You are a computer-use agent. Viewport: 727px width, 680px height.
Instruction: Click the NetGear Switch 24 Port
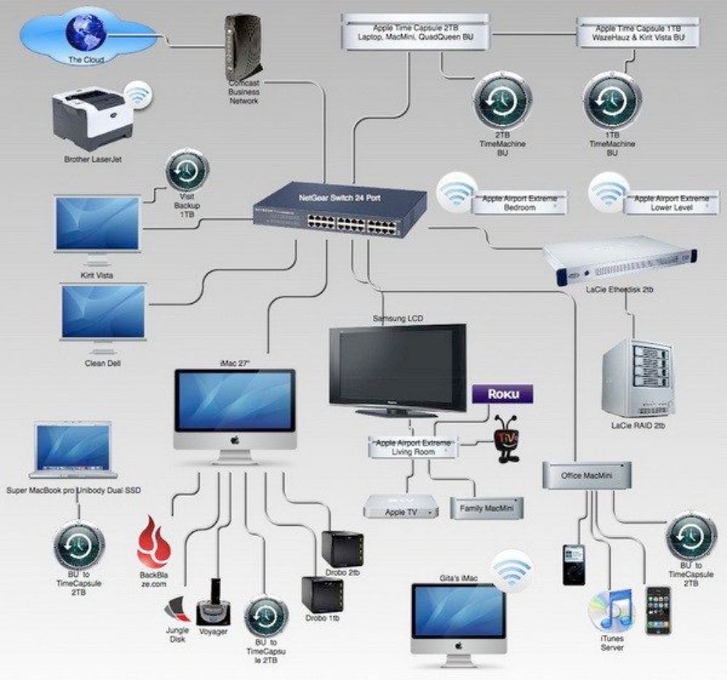tap(340, 210)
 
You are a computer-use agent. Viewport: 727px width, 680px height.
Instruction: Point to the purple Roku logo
tap(502, 394)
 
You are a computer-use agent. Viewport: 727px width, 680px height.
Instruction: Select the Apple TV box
tap(402, 506)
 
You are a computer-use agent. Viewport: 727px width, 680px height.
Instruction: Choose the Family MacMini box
tap(486, 507)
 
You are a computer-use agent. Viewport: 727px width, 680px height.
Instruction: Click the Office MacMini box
tap(587, 476)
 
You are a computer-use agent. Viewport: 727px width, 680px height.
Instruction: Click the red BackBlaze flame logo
tap(153, 541)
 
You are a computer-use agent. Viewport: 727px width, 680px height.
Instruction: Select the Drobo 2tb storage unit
tap(342, 549)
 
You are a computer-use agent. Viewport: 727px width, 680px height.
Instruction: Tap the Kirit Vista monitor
tap(97, 223)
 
